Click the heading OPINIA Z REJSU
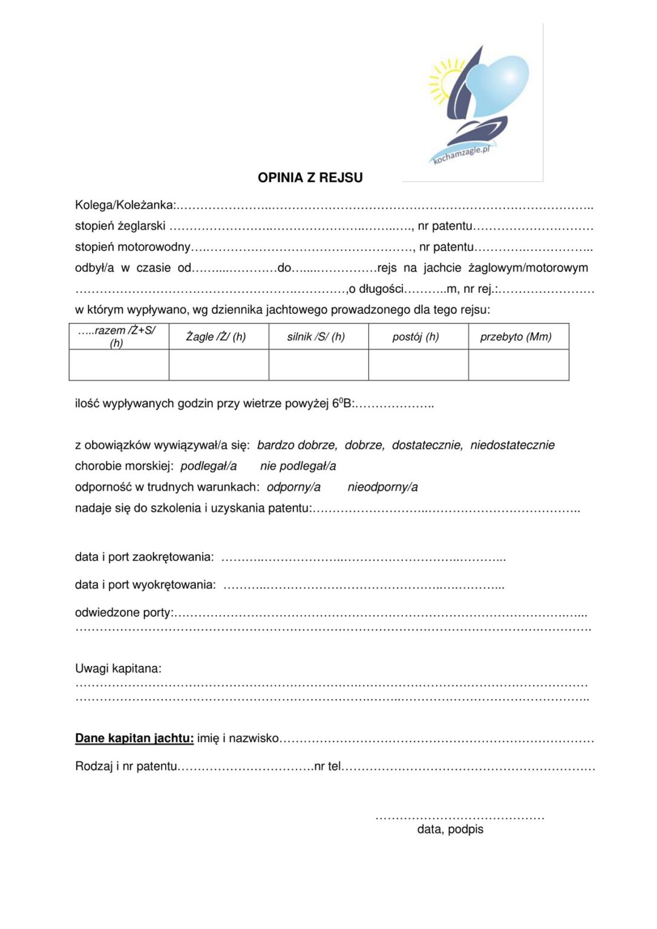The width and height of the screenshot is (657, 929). click(x=310, y=178)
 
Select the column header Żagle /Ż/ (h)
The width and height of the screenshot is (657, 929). click(x=216, y=337)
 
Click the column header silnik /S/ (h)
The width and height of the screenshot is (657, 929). click(x=316, y=337)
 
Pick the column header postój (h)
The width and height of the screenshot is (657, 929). click(x=416, y=337)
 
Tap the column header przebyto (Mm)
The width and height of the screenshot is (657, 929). click(x=515, y=337)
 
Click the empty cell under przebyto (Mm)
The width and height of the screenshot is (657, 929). click(x=518, y=365)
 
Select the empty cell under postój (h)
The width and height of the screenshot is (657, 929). click(x=418, y=365)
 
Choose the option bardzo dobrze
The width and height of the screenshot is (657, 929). click(x=297, y=445)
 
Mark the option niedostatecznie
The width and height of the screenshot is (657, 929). click(x=512, y=445)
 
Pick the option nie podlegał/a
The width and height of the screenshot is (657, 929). click(x=298, y=466)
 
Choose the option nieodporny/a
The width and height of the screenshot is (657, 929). click(x=382, y=487)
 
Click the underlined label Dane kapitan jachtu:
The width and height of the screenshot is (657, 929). click(x=134, y=738)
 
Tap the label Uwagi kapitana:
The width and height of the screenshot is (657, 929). click(x=118, y=669)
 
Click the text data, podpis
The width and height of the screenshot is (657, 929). click(x=450, y=829)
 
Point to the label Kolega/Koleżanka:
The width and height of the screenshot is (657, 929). click(x=125, y=205)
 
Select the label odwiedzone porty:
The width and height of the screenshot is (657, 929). click(x=124, y=613)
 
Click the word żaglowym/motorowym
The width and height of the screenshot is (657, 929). click(x=528, y=268)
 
